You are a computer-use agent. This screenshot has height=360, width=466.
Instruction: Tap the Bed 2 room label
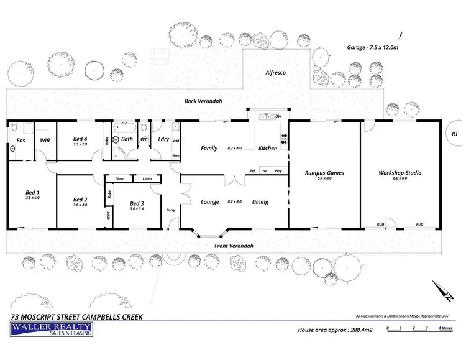pos(80,200)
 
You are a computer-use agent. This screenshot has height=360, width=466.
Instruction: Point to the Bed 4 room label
pos(80,139)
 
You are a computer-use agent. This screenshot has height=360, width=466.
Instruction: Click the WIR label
pos(45,141)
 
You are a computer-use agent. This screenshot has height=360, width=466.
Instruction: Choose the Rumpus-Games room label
pos(324,173)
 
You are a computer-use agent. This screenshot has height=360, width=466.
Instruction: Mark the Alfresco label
pos(275,73)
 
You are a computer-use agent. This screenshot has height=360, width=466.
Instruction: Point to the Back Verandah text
pos(203,101)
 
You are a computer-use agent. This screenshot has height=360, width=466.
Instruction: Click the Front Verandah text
pos(234,246)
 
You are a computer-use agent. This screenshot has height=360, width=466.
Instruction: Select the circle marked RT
pos(455,132)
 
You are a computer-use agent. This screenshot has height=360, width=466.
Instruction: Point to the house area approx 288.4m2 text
pos(334,330)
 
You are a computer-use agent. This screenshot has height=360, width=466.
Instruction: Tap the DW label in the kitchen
pos(278,116)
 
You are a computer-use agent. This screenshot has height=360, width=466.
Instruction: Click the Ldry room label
pos(164,139)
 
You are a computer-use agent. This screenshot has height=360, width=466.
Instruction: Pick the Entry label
pos(171,210)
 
